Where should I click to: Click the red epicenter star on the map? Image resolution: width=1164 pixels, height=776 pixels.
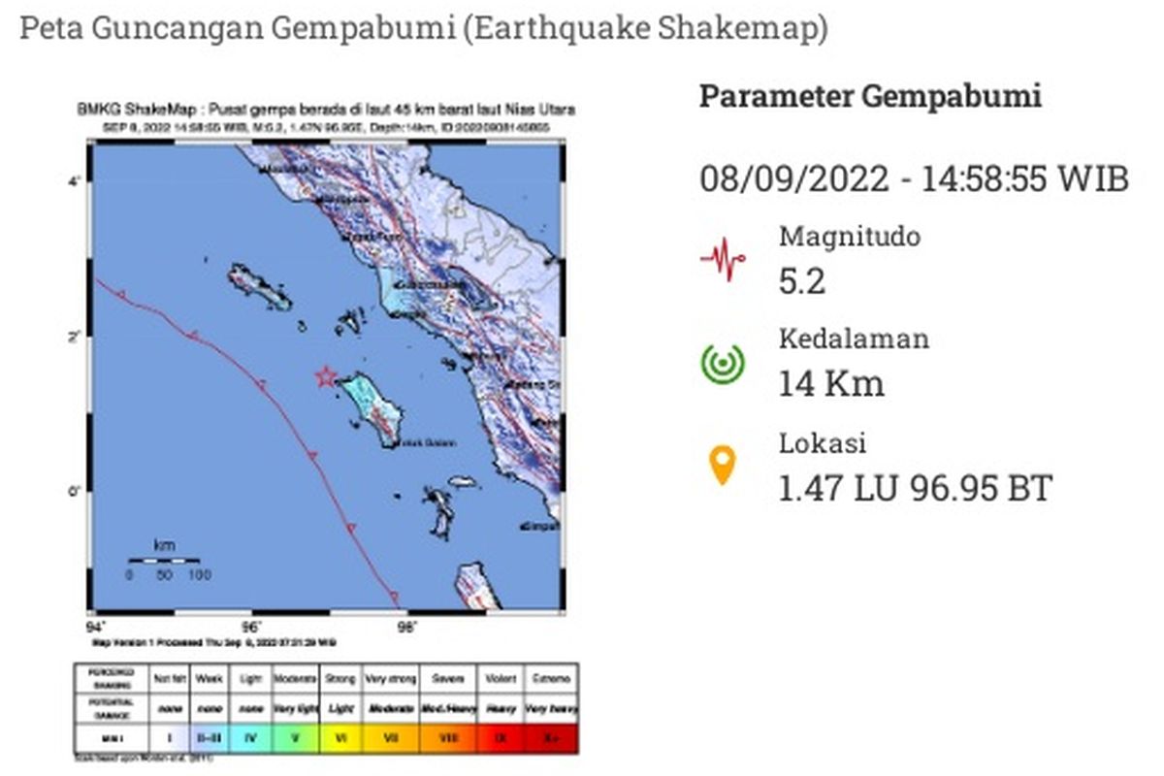coord(326,376)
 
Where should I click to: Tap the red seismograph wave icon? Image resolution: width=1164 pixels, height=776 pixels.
coord(723,259)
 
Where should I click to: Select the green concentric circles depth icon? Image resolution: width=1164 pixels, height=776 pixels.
coord(723,363)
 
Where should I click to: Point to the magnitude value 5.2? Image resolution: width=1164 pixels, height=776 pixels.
coord(802,281)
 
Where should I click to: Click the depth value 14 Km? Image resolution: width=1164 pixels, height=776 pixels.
coord(831,384)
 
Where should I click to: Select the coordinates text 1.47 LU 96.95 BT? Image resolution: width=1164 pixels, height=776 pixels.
coord(915,488)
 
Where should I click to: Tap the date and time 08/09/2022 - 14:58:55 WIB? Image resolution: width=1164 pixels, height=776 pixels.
coord(914,179)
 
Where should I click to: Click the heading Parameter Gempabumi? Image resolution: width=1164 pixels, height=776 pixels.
coord(870,97)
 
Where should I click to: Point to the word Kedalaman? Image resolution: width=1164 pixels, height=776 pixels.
coord(854,339)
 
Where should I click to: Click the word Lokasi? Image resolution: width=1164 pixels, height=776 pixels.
coord(823,443)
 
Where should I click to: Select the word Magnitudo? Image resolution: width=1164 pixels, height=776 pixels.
coord(850,236)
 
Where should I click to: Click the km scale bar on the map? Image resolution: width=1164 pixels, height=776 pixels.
coord(164,561)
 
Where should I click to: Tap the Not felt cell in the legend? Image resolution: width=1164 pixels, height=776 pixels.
coord(170,679)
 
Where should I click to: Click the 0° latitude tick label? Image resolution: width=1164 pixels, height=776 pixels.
coord(74,491)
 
